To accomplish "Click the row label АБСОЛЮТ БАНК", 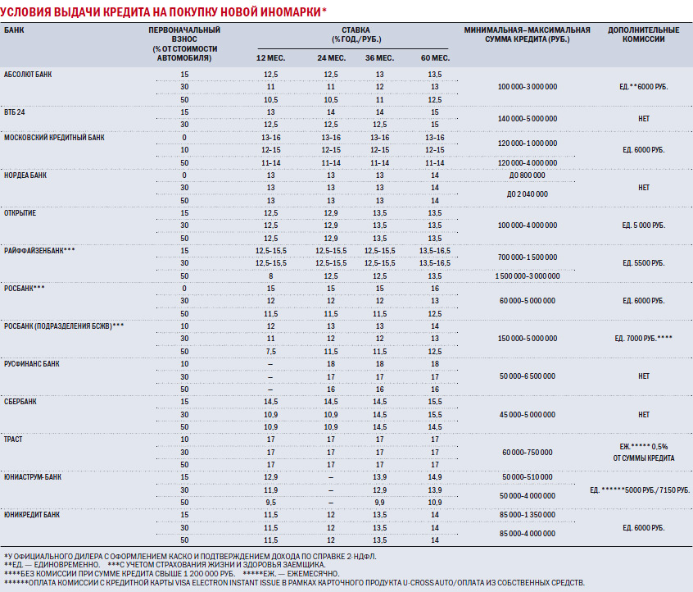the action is [x=28, y=75].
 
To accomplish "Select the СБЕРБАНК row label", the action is [x=20, y=402].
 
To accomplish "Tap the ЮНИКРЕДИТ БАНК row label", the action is [x=32, y=515].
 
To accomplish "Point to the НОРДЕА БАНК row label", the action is [x=25, y=175].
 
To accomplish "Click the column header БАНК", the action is [x=14, y=30].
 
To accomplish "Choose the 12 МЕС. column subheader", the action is [x=271, y=58].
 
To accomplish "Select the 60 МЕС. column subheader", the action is [x=435, y=58].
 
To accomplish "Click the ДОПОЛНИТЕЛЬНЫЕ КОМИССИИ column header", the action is [x=644, y=34].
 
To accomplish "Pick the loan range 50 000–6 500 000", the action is [x=528, y=376].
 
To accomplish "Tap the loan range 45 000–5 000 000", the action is [x=528, y=415].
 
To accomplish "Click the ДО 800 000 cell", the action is [x=528, y=175].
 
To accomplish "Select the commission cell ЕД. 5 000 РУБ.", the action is [x=644, y=225].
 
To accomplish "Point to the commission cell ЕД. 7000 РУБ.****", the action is [x=644, y=339].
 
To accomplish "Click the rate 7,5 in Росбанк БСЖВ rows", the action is [x=271, y=351].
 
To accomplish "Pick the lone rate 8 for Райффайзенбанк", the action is [x=271, y=276].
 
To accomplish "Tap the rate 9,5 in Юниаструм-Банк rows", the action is [x=271, y=503].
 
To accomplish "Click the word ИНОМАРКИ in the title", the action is [x=290, y=11].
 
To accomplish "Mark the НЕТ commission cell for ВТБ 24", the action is [x=644, y=119].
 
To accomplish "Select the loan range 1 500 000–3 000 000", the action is [x=528, y=276].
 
